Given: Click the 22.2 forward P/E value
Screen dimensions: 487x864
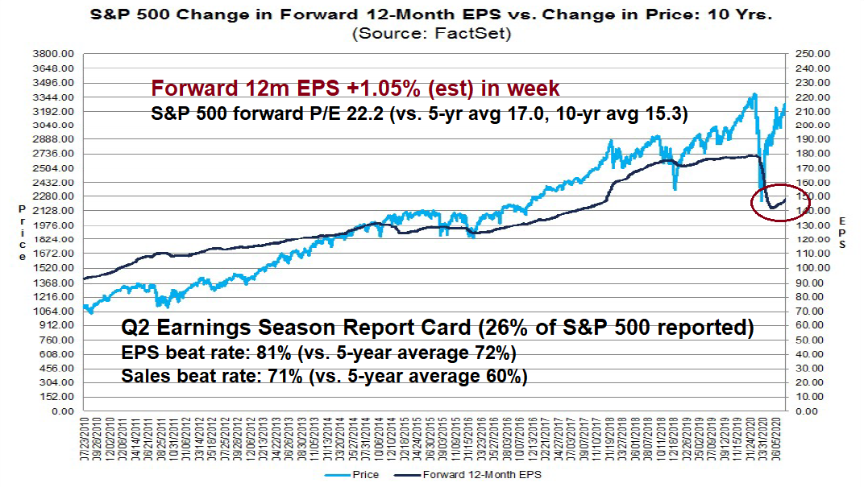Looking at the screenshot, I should [343, 114].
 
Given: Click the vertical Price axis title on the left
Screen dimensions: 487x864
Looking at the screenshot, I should [23, 232].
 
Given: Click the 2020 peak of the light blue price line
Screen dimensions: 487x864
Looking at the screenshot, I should [754, 94].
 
